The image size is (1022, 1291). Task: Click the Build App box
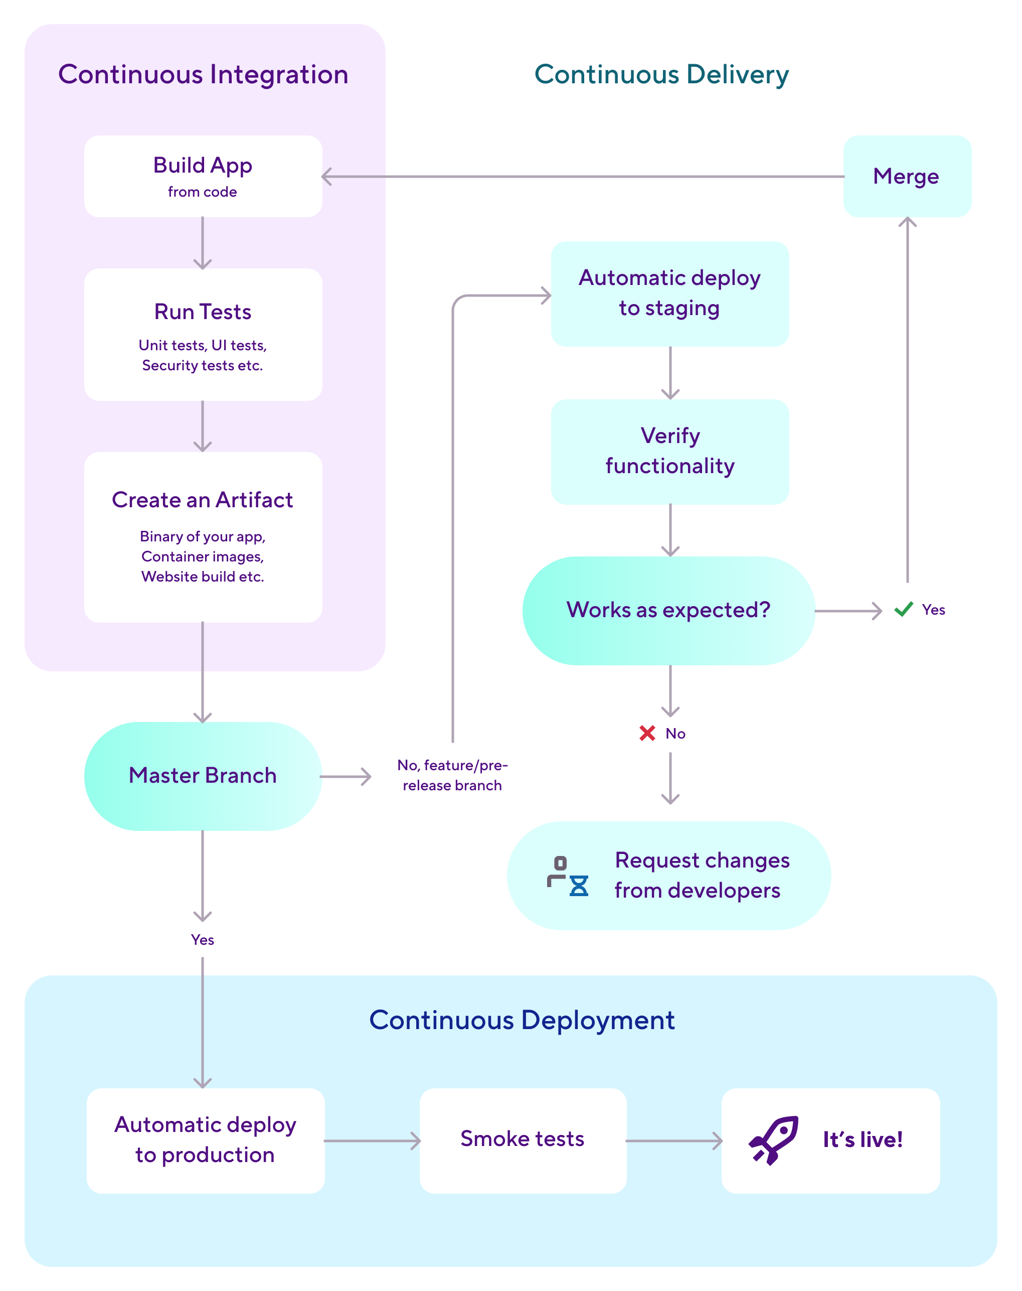(203, 176)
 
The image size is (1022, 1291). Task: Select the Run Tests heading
(203, 312)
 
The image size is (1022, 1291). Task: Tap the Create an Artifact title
(202, 500)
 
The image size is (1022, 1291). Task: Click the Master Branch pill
(203, 776)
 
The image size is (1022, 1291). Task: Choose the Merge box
(907, 177)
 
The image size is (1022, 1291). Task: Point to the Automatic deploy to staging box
(669, 294)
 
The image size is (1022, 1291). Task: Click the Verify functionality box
(669, 451)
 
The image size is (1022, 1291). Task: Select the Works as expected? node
(668, 610)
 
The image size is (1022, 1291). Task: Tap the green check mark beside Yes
(903, 609)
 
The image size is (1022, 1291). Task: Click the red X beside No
(647, 733)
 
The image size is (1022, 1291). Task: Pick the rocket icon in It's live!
(773, 1139)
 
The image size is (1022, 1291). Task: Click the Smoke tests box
(523, 1139)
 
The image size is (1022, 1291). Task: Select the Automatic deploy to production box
(205, 1139)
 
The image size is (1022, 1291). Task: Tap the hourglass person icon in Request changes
(567, 876)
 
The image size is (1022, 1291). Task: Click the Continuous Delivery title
(661, 75)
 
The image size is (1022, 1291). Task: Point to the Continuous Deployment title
(522, 1021)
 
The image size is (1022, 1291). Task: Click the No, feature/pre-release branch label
(452, 775)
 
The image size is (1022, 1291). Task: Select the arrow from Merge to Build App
(583, 177)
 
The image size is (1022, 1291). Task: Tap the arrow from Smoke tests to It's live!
(673, 1141)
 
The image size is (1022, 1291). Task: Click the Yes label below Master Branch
(202, 940)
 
